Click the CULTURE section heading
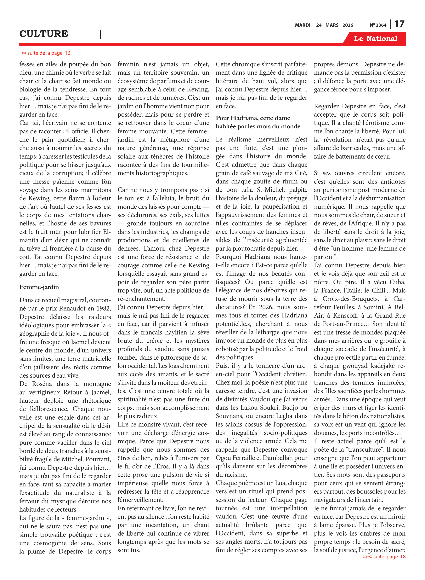coord(44,34)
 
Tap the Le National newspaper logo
coord(375,39)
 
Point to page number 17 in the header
coord(399,24)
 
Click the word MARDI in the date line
coord(303,25)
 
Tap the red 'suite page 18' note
coord(384,557)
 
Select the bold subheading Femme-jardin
coord(39,287)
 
